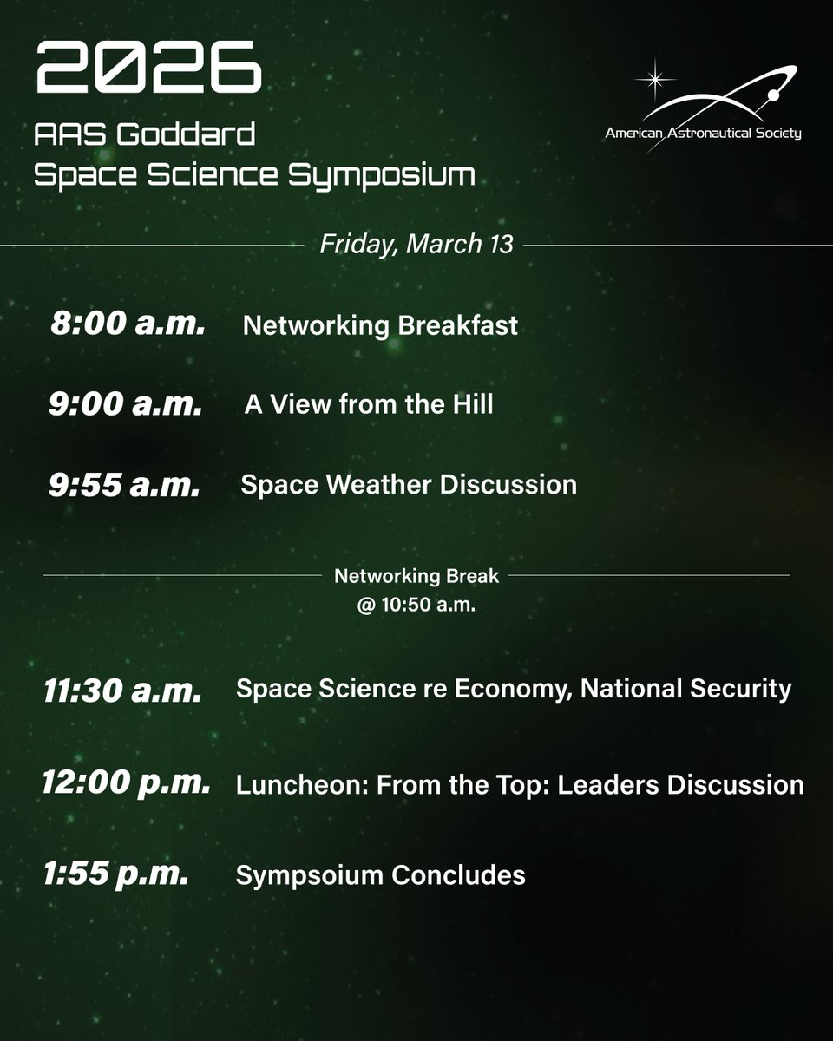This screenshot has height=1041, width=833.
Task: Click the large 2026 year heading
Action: click(148, 70)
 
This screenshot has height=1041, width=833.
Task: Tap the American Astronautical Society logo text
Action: click(704, 134)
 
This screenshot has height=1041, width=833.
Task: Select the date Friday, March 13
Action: click(416, 245)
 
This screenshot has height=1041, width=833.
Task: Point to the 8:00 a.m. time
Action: click(128, 324)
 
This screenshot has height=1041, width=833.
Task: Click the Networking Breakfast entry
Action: click(380, 325)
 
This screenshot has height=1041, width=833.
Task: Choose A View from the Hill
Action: click(369, 404)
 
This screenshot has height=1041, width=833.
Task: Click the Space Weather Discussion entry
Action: click(409, 484)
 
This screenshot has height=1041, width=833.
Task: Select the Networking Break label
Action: click(416, 575)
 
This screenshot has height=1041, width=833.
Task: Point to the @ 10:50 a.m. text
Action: click(416, 606)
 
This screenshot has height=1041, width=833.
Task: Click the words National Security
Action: click(686, 689)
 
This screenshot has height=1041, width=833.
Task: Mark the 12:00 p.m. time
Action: click(126, 782)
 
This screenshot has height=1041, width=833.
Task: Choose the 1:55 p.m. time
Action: click(115, 874)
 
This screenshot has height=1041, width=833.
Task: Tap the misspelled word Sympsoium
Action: click(308, 875)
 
